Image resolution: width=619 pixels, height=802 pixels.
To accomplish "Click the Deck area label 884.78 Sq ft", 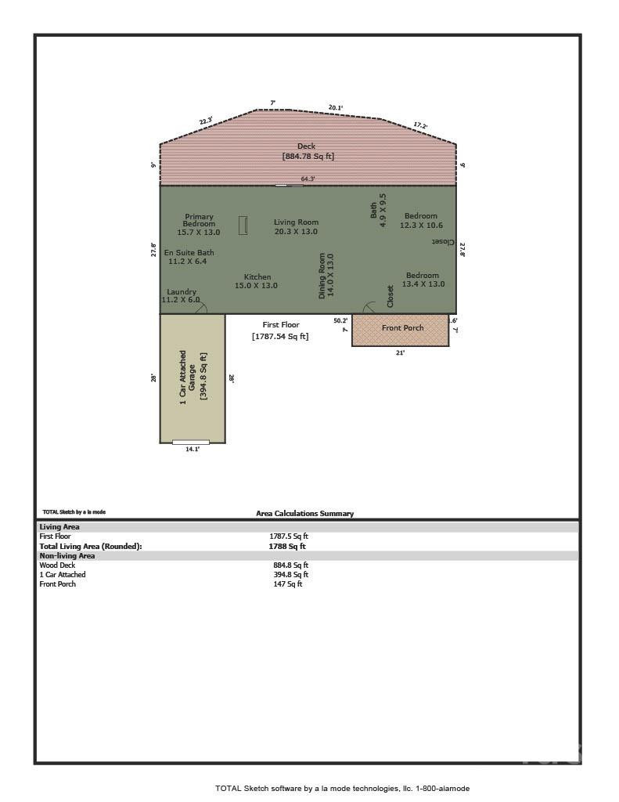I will [308, 156].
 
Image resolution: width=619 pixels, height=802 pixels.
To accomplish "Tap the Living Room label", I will [296, 226].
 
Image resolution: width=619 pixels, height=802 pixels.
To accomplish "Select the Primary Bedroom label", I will [199, 224].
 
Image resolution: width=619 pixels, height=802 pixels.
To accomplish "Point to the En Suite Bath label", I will [188, 257].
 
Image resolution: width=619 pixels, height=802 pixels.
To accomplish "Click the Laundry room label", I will [182, 296].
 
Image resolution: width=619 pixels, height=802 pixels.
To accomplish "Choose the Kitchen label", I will [257, 281].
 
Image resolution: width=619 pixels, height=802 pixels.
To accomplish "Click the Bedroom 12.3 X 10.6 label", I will [421, 220].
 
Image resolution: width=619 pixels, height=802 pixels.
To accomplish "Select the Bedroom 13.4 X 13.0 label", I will [423, 280].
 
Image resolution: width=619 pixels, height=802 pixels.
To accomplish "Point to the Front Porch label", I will [402, 328].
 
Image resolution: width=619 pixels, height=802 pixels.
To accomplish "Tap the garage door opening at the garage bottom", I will [191, 443].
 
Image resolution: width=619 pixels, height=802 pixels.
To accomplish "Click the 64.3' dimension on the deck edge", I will [308, 179].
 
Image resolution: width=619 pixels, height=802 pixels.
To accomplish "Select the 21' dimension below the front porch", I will [401, 353].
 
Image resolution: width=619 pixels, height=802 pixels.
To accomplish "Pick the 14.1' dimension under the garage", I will [193, 450].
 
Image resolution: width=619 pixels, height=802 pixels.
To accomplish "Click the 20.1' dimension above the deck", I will [336, 107].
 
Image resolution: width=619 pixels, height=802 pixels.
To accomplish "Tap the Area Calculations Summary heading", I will [304, 514].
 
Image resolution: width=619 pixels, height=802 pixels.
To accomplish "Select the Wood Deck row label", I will [57, 565].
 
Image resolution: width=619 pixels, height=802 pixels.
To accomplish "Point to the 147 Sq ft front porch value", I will [287, 584].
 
